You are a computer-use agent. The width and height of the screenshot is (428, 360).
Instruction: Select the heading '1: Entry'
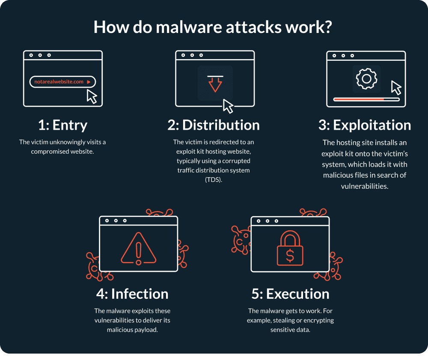click(x=62, y=125)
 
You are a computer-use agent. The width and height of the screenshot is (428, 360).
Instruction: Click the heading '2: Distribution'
click(x=214, y=125)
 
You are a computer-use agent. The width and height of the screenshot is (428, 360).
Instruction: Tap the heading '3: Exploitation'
click(x=365, y=125)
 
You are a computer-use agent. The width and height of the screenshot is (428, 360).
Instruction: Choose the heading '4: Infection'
click(x=132, y=294)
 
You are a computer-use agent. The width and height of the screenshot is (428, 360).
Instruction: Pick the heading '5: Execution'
click(x=290, y=294)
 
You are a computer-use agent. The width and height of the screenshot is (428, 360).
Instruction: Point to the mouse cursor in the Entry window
click(x=92, y=96)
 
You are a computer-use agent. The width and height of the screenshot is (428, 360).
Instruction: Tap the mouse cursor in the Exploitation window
click(x=396, y=87)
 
